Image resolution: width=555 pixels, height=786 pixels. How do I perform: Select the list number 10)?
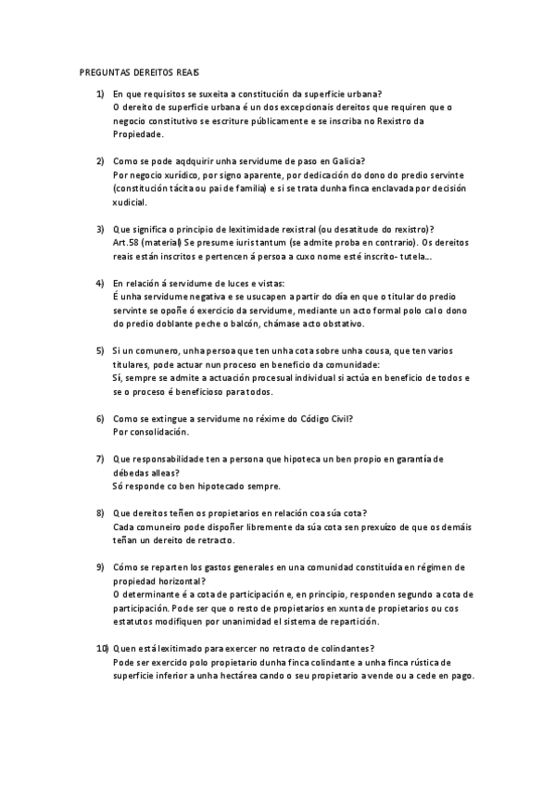coord(102,648)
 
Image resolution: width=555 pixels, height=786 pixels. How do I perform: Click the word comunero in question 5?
coord(153,351)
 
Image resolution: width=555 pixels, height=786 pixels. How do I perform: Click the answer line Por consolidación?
coord(150,432)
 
